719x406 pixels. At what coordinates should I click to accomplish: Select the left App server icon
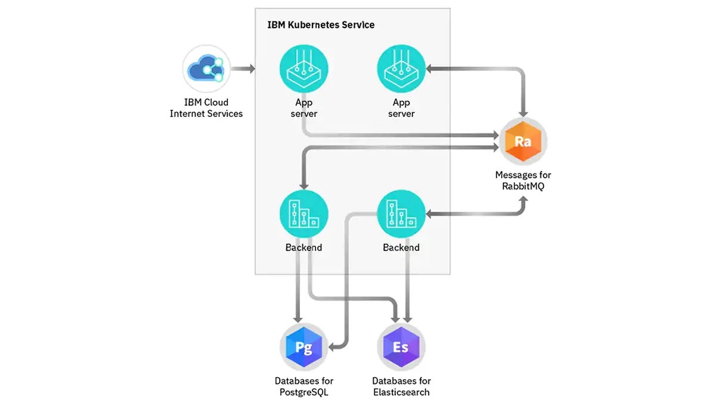click(x=304, y=70)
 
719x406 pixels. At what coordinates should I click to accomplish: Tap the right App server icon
click(x=401, y=70)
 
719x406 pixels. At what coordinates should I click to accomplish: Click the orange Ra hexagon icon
click(x=523, y=142)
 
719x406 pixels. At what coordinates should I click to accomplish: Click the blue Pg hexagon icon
click(x=304, y=348)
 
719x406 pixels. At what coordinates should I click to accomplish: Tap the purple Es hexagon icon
click(x=401, y=348)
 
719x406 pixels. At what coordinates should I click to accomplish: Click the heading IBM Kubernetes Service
click(x=321, y=25)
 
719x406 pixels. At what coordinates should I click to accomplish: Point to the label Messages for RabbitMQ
click(x=523, y=180)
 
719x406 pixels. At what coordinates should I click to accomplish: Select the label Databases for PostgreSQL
click(x=304, y=386)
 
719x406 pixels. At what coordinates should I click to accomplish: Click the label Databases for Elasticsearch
click(x=401, y=386)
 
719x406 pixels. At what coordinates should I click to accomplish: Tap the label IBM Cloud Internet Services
click(x=206, y=108)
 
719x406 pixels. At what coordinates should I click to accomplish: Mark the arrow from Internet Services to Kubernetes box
click(x=243, y=70)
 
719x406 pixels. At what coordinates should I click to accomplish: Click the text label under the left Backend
click(x=304, y=247)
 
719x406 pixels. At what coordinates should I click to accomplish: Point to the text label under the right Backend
click(x=401, y=247)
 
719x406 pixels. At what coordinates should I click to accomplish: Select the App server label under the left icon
click(x=304, y=108)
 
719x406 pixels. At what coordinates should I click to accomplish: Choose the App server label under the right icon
click(x=401, y=108)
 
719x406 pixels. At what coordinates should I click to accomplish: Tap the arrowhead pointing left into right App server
click(x=430, y=70)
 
